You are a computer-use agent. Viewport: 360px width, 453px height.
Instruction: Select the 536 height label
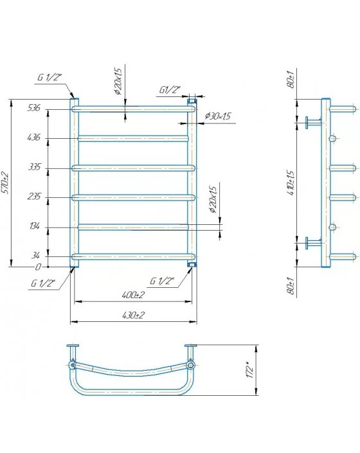click(34, 108)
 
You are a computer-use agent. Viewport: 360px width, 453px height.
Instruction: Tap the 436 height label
click(34, 138)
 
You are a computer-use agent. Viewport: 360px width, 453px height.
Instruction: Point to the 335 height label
click(35, 167)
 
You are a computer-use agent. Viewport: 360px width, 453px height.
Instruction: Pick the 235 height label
click(34, 197)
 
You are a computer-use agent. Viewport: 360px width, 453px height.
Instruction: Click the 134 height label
click(34, 226)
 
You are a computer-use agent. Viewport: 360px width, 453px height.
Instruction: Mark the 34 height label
click(35, 255)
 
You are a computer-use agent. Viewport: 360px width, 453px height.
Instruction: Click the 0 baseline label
click(38, 267)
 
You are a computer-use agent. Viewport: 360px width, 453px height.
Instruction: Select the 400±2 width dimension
click(133, 295)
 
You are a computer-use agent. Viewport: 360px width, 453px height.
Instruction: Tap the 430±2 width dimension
click(133, 315)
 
